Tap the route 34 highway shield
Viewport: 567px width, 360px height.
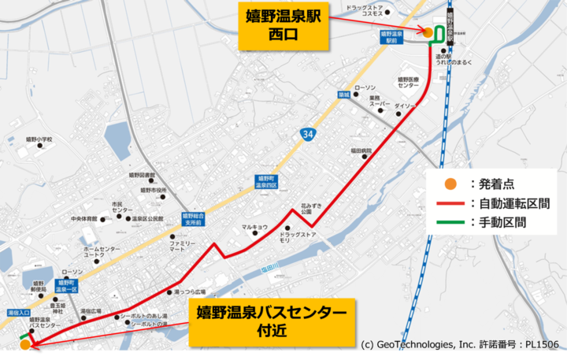(x=309, y=135)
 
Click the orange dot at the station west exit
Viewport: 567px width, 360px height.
(x=428, y=32)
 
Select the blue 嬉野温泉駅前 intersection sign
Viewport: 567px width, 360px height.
(x=391, y=38)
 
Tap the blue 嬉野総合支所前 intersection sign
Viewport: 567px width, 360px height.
(x=193, y=218)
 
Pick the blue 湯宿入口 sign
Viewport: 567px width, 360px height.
(x=18, y=313)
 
